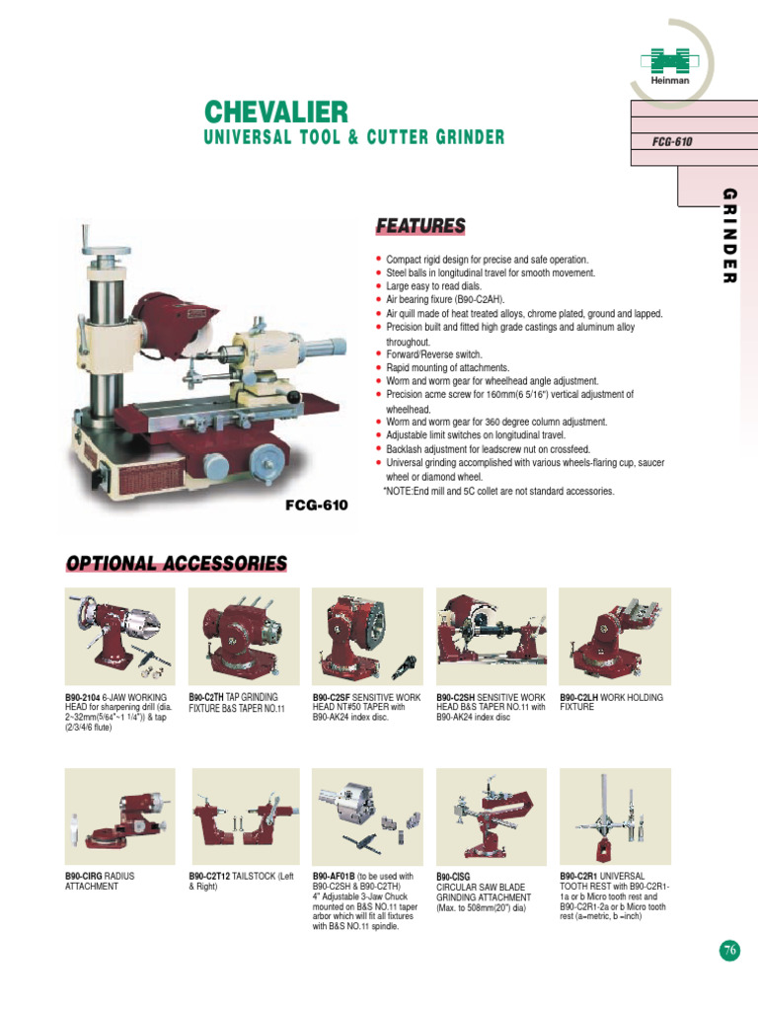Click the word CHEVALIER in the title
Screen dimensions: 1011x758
click(275, 112)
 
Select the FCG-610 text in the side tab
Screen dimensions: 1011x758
click(672, 141)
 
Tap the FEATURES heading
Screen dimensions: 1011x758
click(419, 227)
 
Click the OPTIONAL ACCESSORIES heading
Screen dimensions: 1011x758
click(177, 563)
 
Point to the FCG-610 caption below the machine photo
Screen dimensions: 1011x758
click(317, 504)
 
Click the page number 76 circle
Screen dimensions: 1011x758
click(728, 950)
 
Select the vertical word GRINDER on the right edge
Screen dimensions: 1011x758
click(730, 235)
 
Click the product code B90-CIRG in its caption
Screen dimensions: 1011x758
click(84, 876)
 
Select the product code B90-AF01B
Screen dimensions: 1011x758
click(335, 876)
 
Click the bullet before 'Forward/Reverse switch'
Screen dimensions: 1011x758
click(379, 354)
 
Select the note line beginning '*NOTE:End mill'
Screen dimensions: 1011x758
click(498, 491)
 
